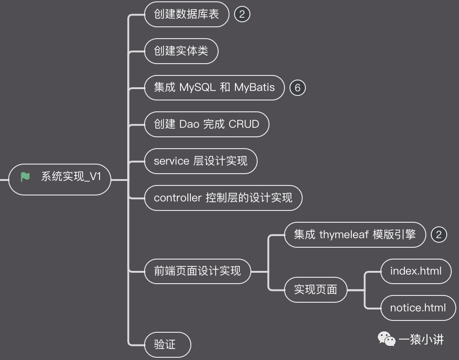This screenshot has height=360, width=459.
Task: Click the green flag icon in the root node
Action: [x=25, y=177]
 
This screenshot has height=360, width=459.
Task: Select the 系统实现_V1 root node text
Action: [x=71, y=177]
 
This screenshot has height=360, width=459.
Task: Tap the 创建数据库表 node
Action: [x=186, y=14]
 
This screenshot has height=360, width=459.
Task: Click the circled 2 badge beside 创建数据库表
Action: [x=242, y=14]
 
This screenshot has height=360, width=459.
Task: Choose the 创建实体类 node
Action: [x=181, y=51]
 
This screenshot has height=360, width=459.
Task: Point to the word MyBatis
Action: [x=254, y=87]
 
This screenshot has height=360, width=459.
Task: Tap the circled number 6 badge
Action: [x=298, y=87]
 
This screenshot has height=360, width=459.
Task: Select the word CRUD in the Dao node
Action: [x=244, y=124]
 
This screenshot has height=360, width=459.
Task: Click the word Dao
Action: [x=190, y=124]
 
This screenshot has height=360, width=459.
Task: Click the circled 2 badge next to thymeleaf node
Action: [x=439, y=235]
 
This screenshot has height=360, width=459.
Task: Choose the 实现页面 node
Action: [x=315, y=290]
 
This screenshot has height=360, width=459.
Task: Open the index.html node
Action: [x=416, y=271]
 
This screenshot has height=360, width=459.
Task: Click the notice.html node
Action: [x=418, y=308]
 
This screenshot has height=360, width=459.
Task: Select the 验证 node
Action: [x=165, y=345]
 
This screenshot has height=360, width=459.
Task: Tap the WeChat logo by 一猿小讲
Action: [x=387, y=339]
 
